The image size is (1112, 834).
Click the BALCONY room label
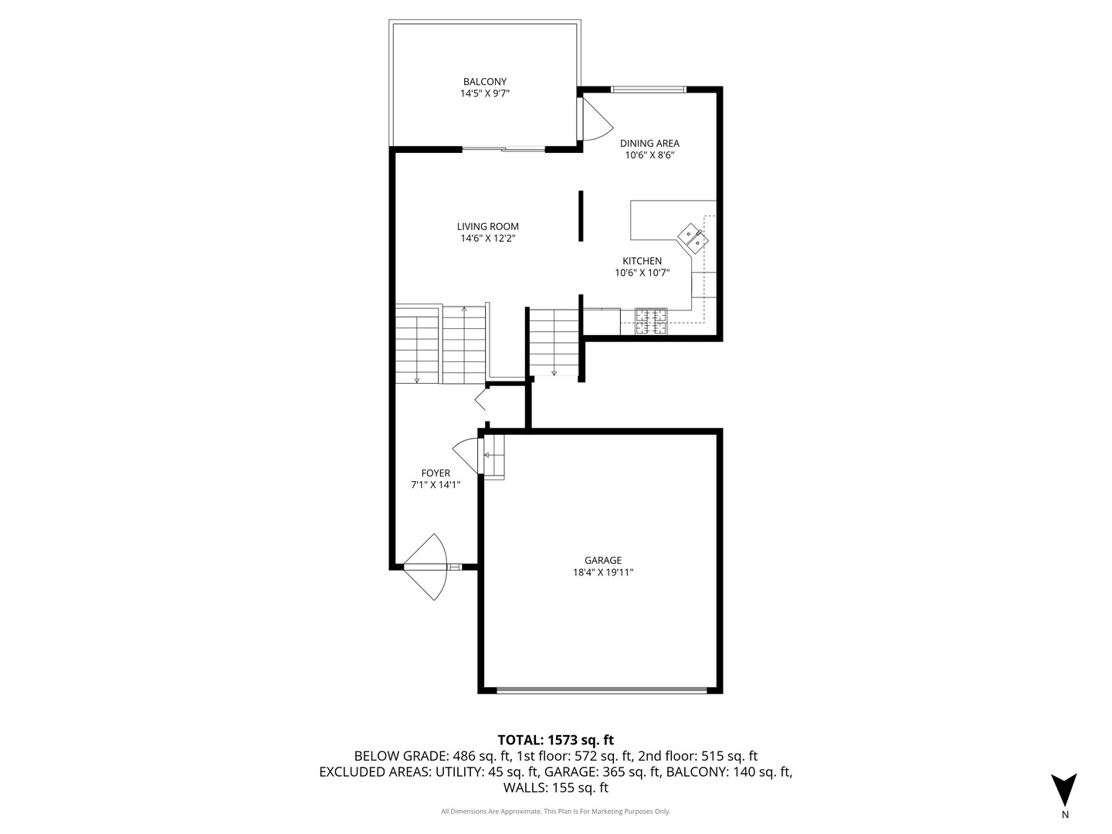point(484,82)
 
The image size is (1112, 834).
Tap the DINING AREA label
point(649,144)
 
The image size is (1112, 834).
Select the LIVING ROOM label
point(487,226)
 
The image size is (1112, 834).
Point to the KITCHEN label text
point(642,261)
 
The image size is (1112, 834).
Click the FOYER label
point(436,473)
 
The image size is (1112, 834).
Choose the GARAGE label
point(602,560)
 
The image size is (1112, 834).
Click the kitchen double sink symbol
point(693,238)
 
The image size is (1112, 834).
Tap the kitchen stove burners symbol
point(651,321)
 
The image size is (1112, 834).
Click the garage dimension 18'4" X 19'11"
point(603,572)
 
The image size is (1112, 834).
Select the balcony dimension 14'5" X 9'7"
point(484,93)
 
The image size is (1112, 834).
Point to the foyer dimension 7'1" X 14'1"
point(436,485)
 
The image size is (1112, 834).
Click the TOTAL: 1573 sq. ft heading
point(555,740)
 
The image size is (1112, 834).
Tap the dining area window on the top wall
point(649,90)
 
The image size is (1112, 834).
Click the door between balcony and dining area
point(594,119)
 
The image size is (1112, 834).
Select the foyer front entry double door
point(426,567)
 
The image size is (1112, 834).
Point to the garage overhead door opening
point(602,690)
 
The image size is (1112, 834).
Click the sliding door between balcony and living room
point(503,149)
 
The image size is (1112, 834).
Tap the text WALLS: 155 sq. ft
point(555,788)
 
